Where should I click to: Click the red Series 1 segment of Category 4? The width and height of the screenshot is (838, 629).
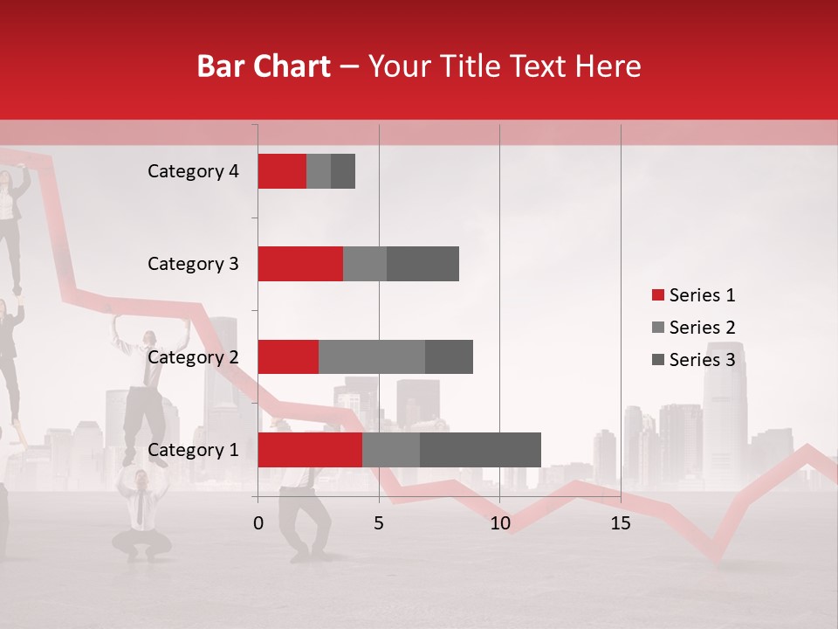pos(282,171)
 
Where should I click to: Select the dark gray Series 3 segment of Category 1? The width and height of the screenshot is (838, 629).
pos(480,450)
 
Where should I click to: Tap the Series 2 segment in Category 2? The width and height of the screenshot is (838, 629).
pos(372,356)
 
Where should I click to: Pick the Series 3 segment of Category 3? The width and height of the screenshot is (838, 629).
pos(422,264)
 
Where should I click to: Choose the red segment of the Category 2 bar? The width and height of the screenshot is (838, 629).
pos(288,356)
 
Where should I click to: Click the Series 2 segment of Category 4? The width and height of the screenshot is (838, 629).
pos(319,171)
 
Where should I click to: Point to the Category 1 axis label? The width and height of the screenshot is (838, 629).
pos(193,450)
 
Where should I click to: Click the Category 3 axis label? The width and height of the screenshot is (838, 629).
pos(193,264)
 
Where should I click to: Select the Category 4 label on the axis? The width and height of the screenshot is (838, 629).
pos(193,171)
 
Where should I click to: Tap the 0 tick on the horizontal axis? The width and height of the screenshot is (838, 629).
pos(258,523)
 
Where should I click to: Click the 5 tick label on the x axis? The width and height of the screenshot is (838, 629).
pos(379,523)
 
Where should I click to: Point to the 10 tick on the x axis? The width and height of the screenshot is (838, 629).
pos(499,523)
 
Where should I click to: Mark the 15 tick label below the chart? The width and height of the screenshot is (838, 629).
pos(620,523)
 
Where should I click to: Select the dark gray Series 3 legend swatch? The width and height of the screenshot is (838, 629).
pos(657,360)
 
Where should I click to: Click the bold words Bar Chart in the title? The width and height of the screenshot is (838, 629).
pos(264,66)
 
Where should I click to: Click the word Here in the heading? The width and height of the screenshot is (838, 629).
pos(608,66)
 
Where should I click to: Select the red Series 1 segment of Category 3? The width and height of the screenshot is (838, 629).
pos(300,264)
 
